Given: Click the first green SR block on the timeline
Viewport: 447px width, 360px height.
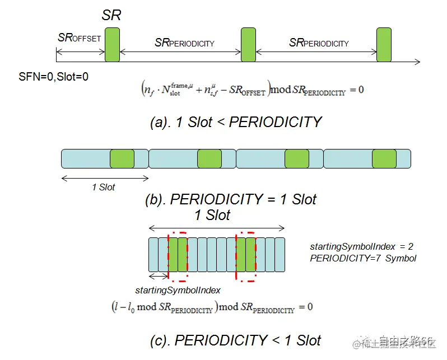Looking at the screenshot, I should [112, 44].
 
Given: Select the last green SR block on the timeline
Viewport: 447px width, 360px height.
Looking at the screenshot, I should [383, 44].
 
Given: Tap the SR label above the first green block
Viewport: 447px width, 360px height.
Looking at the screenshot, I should [111, 16].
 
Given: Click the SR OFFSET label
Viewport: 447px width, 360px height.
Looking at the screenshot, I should [79, 38].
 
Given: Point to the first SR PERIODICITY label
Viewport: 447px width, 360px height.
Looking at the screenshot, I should [184, 43].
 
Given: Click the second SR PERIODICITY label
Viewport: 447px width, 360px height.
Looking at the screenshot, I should [319, 43].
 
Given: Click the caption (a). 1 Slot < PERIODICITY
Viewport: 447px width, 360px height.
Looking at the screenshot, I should [236, 122].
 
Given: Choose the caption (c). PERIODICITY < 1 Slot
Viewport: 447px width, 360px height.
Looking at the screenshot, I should [236, 340].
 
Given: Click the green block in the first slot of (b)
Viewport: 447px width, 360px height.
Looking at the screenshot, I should [122, 159].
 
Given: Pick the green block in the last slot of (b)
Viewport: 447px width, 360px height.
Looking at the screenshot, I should [384, 159].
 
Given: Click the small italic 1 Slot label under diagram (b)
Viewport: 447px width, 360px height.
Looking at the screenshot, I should [104, 187].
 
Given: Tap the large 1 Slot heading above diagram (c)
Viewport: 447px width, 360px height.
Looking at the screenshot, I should [212, 216].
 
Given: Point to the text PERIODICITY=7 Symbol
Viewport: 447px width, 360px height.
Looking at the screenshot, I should [362, 258].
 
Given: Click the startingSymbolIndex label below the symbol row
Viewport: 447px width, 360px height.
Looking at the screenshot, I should [178, 290].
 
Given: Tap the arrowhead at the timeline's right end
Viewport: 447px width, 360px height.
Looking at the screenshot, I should [417, 62].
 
